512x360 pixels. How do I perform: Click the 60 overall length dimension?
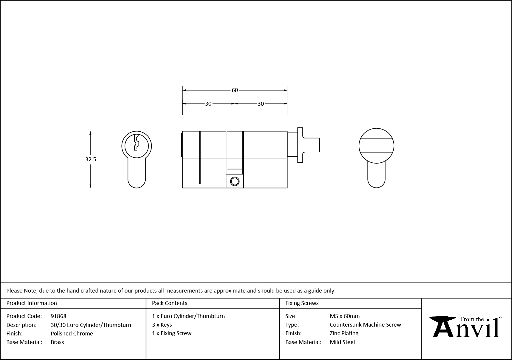coord(234,90)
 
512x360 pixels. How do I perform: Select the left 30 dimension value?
coord(208,104)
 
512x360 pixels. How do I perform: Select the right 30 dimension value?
coord(260,104)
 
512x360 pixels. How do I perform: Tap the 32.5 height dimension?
coord(91,159)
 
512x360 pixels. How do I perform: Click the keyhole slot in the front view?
coord(136,143)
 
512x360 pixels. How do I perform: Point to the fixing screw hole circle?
coord(235,181)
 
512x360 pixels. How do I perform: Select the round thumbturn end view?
coord(376,146)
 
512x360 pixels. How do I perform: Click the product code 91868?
coord(59,316)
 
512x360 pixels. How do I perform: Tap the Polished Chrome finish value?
coord(72,333)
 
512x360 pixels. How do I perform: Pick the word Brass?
coord(57,342)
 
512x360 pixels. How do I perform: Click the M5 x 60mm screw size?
coord(344,316)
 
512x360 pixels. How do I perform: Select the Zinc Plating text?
coord(344,333)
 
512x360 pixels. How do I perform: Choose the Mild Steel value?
coord(342,342)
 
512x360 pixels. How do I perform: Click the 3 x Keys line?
coord(162,325)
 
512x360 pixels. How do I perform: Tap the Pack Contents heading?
coord(170,303)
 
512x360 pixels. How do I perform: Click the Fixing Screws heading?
coord(302,303)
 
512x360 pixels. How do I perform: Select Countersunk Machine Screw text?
coord(365,325)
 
